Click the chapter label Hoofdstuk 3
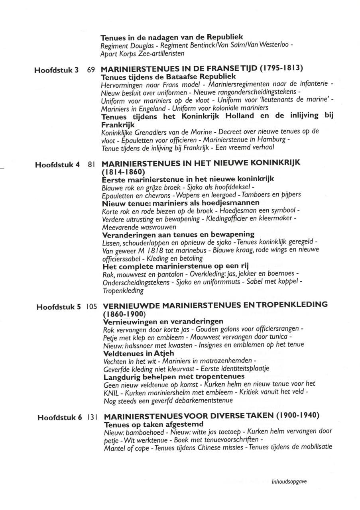[56, 71]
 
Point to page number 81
[90, 165]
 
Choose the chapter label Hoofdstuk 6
[60, 418]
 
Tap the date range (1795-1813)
[281, 69]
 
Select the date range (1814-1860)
[121, 172]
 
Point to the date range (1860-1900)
[123, 314]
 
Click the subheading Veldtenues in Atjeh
[139, 353]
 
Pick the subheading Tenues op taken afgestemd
[153, 424]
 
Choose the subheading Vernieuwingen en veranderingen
[163, 322]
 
